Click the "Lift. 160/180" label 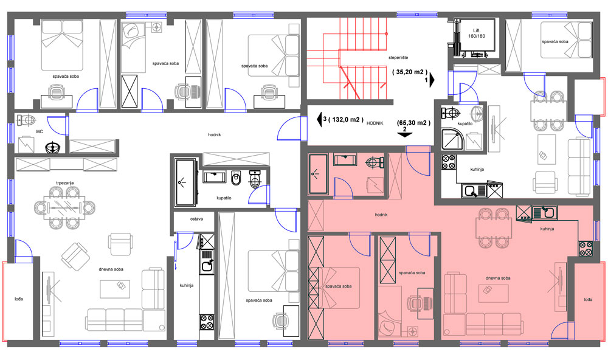[477, 33]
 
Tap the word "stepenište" [398, 57]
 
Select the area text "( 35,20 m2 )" [409, 72]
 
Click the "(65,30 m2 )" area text [413, 123]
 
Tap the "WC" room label [39, 131]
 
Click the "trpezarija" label [65, 182]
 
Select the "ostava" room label [196, 219]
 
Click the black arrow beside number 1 [432, 80]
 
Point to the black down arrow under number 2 [404, 135]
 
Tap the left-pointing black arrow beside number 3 [319, 119]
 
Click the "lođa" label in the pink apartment [588, 299]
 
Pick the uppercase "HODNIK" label [375, 123]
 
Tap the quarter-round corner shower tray [452, 139]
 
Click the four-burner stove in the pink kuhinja [586, 249]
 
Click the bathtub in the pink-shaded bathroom [318, 174]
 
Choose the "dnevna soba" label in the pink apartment [498, 278]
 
